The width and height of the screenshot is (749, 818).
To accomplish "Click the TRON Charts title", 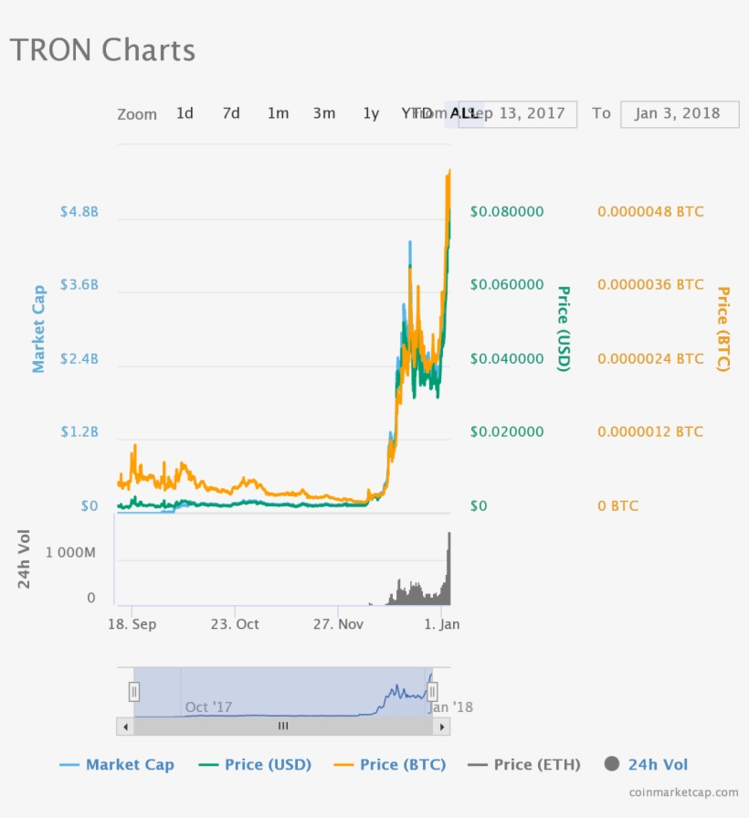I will pyautogui.click(x=102, y=49).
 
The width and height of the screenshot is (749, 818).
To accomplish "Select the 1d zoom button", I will pyautogui.click(x=185, y=113).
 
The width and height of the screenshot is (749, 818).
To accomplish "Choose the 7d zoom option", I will pyautogui.click(x=231, y=113).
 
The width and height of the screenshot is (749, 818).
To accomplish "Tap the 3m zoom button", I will pyautogui.click(x=324, y=113).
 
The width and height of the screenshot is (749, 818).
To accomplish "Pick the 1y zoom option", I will pyautogui.click(x=370, y=113).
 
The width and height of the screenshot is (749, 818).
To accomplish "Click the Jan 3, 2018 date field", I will pyautogui.click(x=679, y=113).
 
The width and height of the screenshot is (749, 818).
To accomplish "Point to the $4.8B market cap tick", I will pyautogui.click(x=79, y=211).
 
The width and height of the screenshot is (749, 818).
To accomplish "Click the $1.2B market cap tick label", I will pyautogui.click(x=79, y=431).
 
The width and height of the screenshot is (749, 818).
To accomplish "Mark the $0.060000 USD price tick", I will pyautogui.click(x=506, y=284).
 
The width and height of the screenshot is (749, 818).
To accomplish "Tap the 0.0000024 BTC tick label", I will pyautogui.click(x=650, y=358).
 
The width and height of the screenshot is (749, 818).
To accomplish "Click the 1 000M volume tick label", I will pyautogui.click(x=70, y=553).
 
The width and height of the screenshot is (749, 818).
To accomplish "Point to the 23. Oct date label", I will pyautogui.click(x=236, y=623).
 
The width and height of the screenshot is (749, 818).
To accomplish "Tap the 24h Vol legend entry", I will pyautogui.click(x=647, y=764).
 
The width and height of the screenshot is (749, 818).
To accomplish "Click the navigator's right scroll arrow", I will pyautogui.click(x=441, y=726).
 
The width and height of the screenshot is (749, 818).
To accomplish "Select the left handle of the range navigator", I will pyautogui.click(x=134, y=692).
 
